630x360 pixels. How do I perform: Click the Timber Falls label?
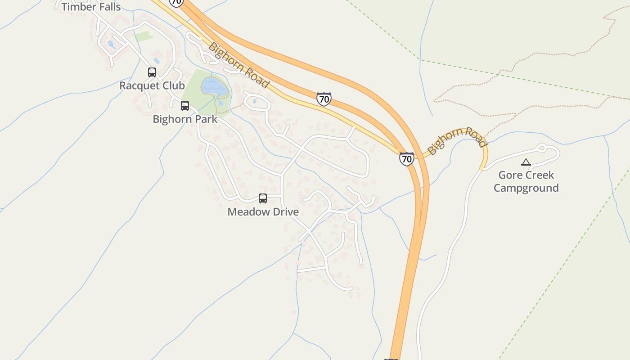tap(91, 7)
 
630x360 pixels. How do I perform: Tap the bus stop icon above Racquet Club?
tap(152, 72)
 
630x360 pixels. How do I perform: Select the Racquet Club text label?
tap(152, 85)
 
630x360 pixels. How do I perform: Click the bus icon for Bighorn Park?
tap(185, 106)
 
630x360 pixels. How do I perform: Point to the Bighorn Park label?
tap(185, 119)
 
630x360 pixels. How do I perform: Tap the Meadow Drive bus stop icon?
tap(263, 198)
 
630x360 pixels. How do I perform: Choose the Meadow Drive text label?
tap(263, 211)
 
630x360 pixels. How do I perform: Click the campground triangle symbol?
tap(526, 162)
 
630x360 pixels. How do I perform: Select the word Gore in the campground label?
tap(511, 175)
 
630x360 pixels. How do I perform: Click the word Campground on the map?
tap(526, 188)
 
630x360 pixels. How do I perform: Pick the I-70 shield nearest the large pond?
tap(324, 99)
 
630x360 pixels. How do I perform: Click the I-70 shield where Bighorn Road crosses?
tap(406, 159)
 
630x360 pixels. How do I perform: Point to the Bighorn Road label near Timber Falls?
tap(238, 65)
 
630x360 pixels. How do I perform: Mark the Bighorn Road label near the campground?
tap(457, 139)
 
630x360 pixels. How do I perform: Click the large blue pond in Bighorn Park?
tap(214, 86)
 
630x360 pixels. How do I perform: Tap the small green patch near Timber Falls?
tap(144, 36)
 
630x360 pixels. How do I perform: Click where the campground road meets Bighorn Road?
tap(482, 168)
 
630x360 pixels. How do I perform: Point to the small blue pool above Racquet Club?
tap(157, 60)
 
